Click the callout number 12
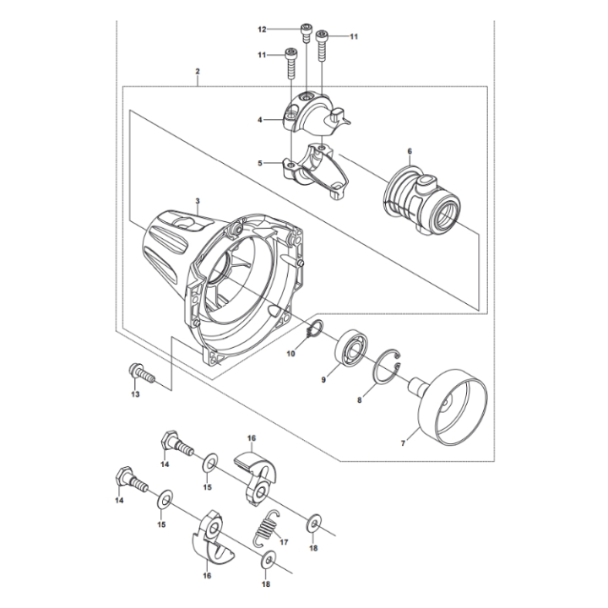point(262,30)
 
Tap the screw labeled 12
point(305,33)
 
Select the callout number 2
point(198,72)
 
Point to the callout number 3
point(197,201)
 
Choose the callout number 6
point(410,152)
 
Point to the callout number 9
point(323,380)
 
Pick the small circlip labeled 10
point(312,334)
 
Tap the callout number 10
point(290,354)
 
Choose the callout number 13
point(135,394)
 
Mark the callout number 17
point(284,542)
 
